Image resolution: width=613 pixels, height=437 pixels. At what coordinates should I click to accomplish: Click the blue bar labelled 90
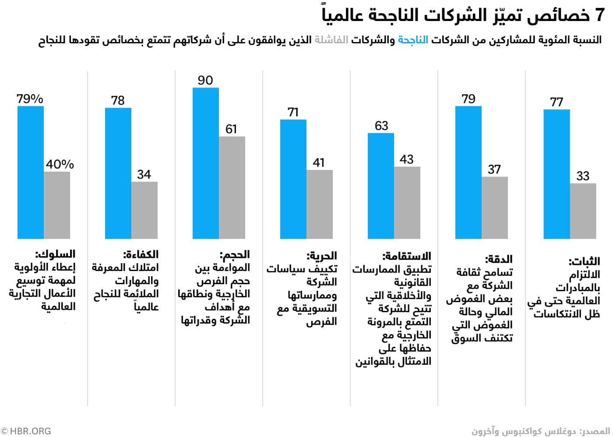coord(206,163)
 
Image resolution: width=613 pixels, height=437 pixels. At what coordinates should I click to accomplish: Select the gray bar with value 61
coord(232,187)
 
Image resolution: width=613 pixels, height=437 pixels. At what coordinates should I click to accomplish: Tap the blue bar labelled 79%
coord(31,172)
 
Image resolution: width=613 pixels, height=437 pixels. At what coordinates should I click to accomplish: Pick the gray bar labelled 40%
coord(57,205)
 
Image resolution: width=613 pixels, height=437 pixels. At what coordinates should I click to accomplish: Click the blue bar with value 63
coord(381,186)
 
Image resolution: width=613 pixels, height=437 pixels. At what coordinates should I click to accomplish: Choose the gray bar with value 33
coord(583,211)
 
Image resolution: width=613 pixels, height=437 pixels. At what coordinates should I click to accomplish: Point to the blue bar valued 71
coord(293,179)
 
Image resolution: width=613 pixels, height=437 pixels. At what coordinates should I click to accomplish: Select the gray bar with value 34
coord(144,210)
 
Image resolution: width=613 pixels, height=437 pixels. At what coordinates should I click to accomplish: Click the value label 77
coord(557,102)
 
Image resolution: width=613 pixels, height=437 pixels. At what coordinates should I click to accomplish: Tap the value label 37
coord(494,169)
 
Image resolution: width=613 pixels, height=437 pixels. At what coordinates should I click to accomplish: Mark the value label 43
coord(406,159)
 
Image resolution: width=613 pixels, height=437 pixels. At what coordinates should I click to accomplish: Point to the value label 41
coord(319,163)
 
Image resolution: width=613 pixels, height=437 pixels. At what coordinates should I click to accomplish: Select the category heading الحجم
coord(235,255)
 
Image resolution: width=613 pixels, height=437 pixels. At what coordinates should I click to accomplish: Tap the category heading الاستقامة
coord(407,256)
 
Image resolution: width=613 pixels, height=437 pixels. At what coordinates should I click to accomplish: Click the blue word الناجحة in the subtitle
coord(412,40)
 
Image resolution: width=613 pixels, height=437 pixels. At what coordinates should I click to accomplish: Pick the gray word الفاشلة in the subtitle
coord(331,40)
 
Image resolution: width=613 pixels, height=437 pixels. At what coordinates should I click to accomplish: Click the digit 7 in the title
coord(599,16)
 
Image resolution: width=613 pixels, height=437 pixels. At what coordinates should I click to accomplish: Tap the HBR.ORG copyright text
coord(26,431)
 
